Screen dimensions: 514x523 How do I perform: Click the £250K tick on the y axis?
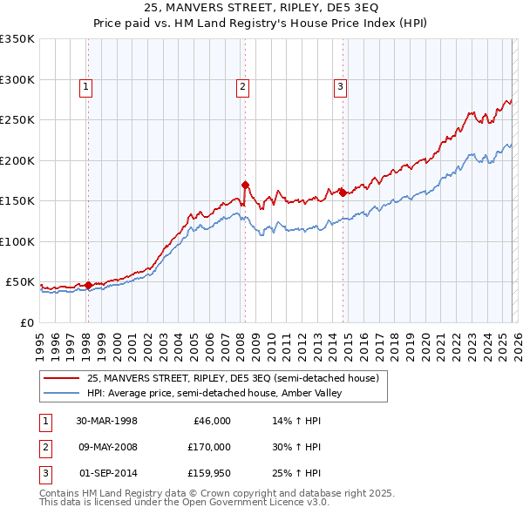(17, 120)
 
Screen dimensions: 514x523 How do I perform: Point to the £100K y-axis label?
(17, 241)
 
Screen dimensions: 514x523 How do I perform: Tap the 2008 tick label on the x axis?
(241, 342)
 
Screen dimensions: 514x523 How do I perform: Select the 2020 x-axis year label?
(425, 342)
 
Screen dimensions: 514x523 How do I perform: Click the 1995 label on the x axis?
(40, 342)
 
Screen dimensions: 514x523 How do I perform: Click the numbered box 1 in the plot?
(86, 86)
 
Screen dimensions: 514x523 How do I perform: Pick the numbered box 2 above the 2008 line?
(241, 86)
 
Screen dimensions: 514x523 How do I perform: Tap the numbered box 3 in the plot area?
(339, 86)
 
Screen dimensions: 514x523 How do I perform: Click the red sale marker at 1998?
(88, 284)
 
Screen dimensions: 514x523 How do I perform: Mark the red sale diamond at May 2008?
(245, 185)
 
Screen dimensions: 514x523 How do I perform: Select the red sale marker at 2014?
(343, 193)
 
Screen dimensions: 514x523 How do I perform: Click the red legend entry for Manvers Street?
(233, 378)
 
